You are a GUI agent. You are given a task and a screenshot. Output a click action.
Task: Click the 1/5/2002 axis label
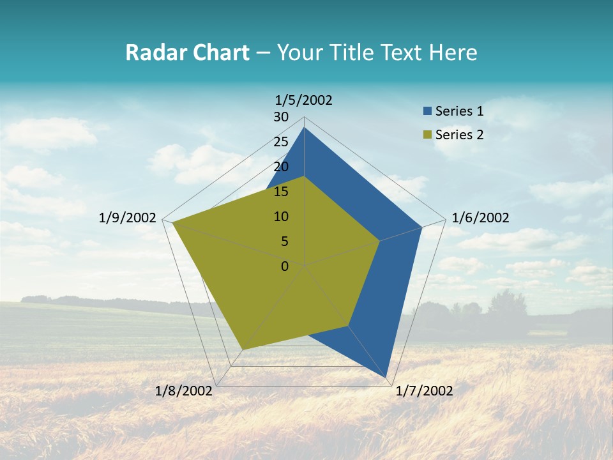pyautogui.click(x=304, y=100)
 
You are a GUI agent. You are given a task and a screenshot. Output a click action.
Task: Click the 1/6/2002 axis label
pyautogui.click(x=480, y=218)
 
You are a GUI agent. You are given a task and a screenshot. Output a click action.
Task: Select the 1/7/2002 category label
pyautogui.click(x=424, y=391)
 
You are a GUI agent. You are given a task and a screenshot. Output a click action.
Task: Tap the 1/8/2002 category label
pyautogui.click(x=184, y=391)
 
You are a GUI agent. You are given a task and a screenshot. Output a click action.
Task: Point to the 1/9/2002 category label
pyautogui.click(x=128, y=218)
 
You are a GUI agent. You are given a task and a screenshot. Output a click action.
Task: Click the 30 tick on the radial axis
pyautogui.click(x=281, y=117)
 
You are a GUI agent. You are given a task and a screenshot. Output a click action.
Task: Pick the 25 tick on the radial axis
pyautogui.click(x=281, y=142)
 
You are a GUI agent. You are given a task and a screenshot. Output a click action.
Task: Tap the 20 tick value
pyautogui.click(x=281, y=167)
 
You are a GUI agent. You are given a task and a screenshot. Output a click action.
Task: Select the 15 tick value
pyautogui.click(x=281, y=192)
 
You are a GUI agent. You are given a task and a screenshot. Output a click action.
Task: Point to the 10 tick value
pyautogui.click(x=281, y=217)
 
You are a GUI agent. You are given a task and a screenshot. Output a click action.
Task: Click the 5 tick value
pyautogui.click(x=284, y=241)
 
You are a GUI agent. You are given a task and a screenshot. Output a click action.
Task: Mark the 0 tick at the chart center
pyautogui.click(x=285, y=266)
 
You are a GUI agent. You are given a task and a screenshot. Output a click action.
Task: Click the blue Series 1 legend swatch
pyautogui.click(x=427, y=112)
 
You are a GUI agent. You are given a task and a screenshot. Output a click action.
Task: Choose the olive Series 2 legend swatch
pyautogui.click(x=427, y=135)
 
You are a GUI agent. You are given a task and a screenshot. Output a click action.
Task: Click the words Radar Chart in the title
pyautogui.click(x=187, y=52)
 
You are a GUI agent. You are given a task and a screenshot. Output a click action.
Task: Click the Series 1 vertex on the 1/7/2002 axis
pyautogui.click(x=386, y=378)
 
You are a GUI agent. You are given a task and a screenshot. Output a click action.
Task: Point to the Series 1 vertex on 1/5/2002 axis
pyautogui.click(x=304, y=127)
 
